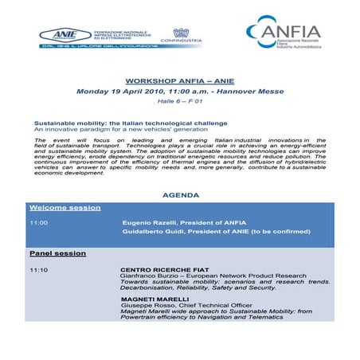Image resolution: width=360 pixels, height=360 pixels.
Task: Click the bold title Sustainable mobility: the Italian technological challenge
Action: tap(131, 123)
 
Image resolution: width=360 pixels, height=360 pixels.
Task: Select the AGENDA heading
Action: tap(179, 195)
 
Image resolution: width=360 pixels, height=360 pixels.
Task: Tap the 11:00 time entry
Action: tap(39, 223)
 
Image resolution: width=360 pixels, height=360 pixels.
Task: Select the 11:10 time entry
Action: tap(39, 269)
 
